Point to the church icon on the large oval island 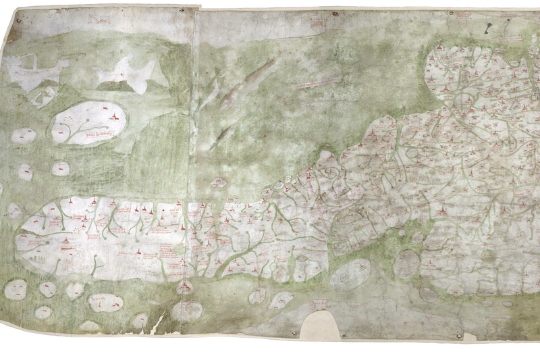point(117,118)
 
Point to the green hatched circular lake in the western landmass point(179,249)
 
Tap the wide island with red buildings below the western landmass point(105,302)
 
